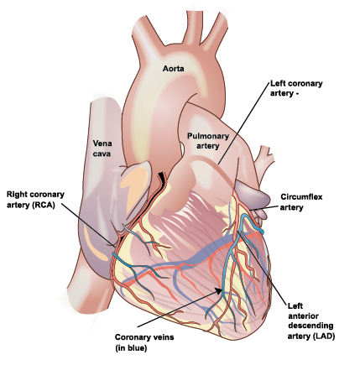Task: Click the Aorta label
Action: pyautogui.click(x=174, y=69)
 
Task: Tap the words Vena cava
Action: pyautogui.click(x=102, y=149)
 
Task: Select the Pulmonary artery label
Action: pyautogui.click(x=208, y=141)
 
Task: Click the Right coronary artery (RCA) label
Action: pyautogui.click(x=35, y=200)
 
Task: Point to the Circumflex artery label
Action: pyautogui.click(x=301, y=202)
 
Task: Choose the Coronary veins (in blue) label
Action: pyautogui.click(x=144, y=342)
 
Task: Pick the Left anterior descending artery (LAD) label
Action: pyautogui.click(x=311, y=321)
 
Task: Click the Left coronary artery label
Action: pyautogui.click(x=296, y=88)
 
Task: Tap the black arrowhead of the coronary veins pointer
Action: pyautogui.click(x=218, y=291)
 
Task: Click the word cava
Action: pyautogui.click(x=102, y=154)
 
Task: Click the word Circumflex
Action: pyautogui.click(x=301, y=197)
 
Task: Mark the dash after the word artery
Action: pyautogui.click(x=296, y=94)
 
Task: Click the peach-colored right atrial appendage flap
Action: pyautogui.click(x=136, y=183)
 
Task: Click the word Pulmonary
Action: pyautogui.click(x=208, y=137)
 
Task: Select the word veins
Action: pyautogui.click(x=164, y=337)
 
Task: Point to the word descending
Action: pyautogui.click(x=310, y=326)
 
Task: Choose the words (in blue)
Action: pyautogui.click(x=131, y=348)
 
